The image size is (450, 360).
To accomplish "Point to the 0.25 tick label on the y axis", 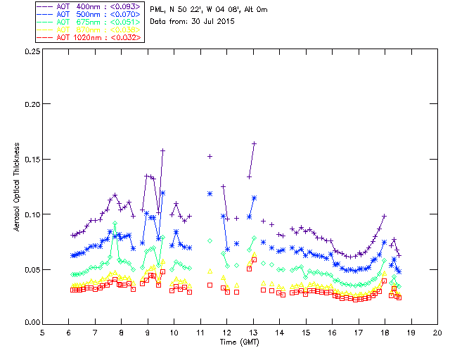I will click(x=31, y=52).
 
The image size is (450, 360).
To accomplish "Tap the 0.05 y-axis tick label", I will click(x=31, y=269).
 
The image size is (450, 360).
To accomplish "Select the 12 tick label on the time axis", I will click(x=227, y=333).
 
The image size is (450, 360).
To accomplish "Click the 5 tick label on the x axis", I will click(x=42, y=333).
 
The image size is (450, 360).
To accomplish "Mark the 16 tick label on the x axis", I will click(x=332, y=333).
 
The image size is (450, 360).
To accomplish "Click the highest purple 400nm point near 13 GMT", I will click(x=254, y=143).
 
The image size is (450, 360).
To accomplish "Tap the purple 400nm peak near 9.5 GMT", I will click(x=162, y=150).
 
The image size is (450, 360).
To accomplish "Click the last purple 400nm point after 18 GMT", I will click(x=399, y=255).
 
